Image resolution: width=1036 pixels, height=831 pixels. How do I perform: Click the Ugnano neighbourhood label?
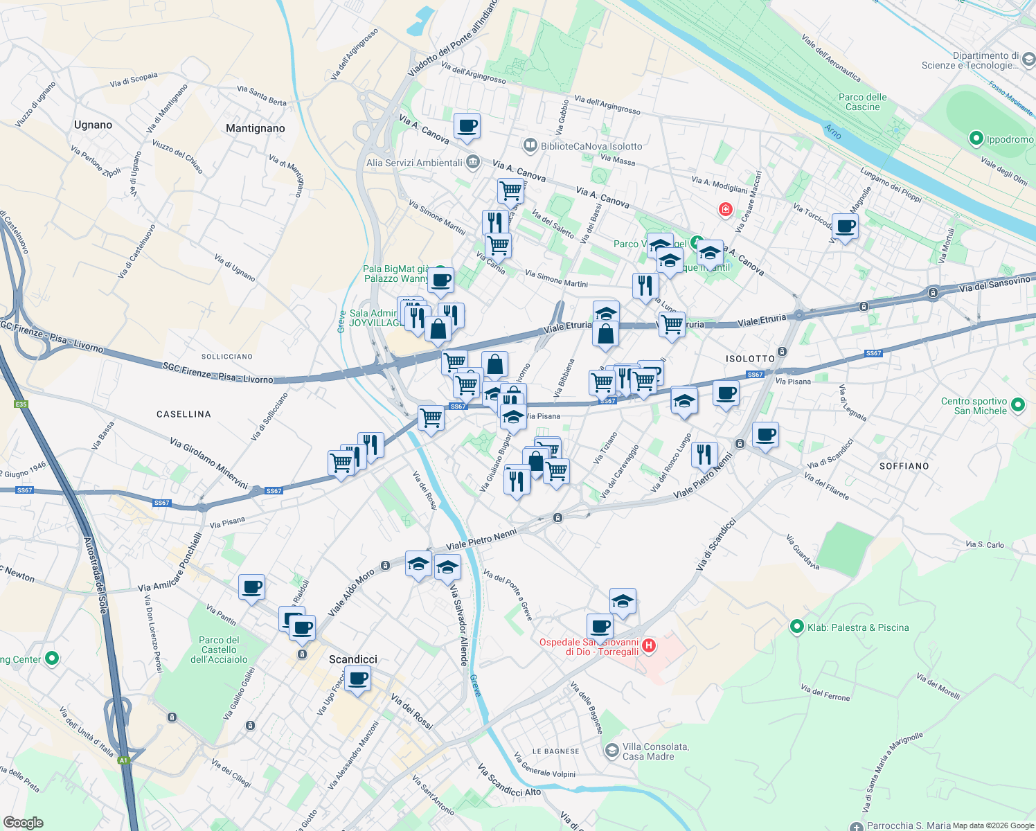click(x=93, y=125)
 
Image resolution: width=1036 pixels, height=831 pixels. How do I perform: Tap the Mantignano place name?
click(x=255, y=129)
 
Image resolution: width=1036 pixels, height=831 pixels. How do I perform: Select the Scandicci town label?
click(x=353, y=659)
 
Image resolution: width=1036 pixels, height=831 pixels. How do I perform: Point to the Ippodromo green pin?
click(x=976, y=139)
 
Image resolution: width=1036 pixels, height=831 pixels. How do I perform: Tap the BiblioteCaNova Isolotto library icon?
click(x=530, y=145)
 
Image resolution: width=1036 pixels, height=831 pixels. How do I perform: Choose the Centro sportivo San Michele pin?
click(x=1017, y=405)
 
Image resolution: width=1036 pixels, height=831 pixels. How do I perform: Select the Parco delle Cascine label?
click(x=862, y=102)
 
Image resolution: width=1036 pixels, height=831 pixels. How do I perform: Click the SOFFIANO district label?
click(x=904, y=466)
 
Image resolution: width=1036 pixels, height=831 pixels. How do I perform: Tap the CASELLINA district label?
click(x=184, y=414)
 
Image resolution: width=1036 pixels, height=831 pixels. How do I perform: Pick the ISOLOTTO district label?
click(x=750, y=359)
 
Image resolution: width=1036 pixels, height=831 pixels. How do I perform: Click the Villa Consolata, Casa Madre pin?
click(x=611, y=751)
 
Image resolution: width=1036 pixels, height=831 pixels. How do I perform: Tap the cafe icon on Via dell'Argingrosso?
click(x=467, y=126)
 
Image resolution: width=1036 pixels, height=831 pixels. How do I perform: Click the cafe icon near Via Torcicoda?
click(x=845, y=226)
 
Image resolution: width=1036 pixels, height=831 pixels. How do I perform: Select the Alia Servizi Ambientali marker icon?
click(x=472, y=163)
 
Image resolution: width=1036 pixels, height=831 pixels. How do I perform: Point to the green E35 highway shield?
click(x=20, y=404)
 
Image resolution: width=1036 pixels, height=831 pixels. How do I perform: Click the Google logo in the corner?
click(x=23, y=822)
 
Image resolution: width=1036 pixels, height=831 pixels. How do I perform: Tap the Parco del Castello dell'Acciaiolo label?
click(x=219, y=650)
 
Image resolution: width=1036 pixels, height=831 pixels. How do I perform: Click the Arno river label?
click(x=832, y=131)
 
